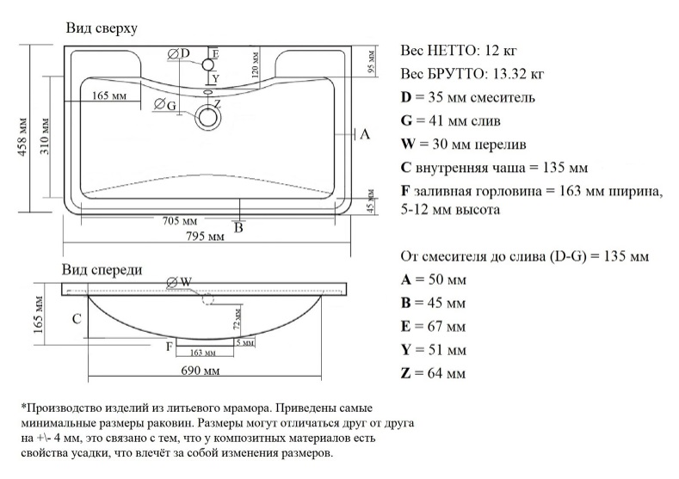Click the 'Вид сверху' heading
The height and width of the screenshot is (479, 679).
point(102,29)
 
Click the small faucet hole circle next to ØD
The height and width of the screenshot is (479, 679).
point(207,64)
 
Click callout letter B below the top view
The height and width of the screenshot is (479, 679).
point(239,228)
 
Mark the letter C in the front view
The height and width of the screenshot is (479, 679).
point(77,319)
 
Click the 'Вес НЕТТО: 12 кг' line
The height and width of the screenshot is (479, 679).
point(459,50)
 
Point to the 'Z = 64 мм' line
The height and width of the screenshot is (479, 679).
point(434,373)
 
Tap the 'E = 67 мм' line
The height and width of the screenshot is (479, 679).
point(433,327)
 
